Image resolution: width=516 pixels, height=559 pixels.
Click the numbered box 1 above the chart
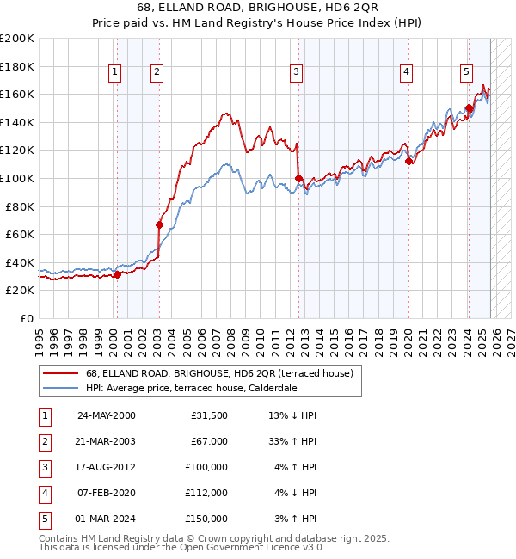pos(114,73)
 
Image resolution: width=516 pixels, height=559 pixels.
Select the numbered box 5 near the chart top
pos(465,73)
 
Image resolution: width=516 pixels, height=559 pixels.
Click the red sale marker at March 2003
pos(159,224)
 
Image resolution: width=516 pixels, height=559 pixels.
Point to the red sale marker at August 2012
pos(298,178)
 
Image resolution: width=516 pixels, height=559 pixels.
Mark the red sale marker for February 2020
pos(408,161)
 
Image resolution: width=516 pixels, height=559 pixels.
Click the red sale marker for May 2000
pos(117,274)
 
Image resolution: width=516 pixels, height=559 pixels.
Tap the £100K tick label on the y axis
pos(17,178)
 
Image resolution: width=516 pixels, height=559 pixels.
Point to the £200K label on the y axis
pos(17,39)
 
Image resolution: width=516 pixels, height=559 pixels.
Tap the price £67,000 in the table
pos(209,441)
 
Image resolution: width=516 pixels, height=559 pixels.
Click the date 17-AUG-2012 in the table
pos(107,467)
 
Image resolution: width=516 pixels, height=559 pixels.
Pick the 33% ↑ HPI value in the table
pos(292,441)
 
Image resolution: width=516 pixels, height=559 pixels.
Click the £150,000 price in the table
pos(206,519)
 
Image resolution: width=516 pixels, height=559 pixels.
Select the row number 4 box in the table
pos(44,493)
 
